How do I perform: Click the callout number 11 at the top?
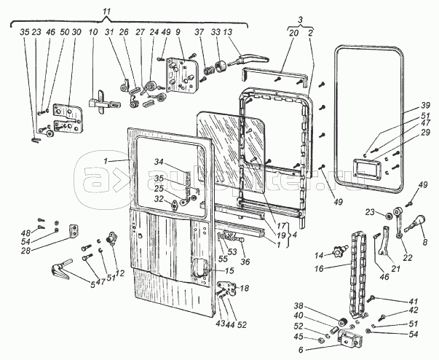point(107,13)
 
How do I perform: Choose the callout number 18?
point(245,289)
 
